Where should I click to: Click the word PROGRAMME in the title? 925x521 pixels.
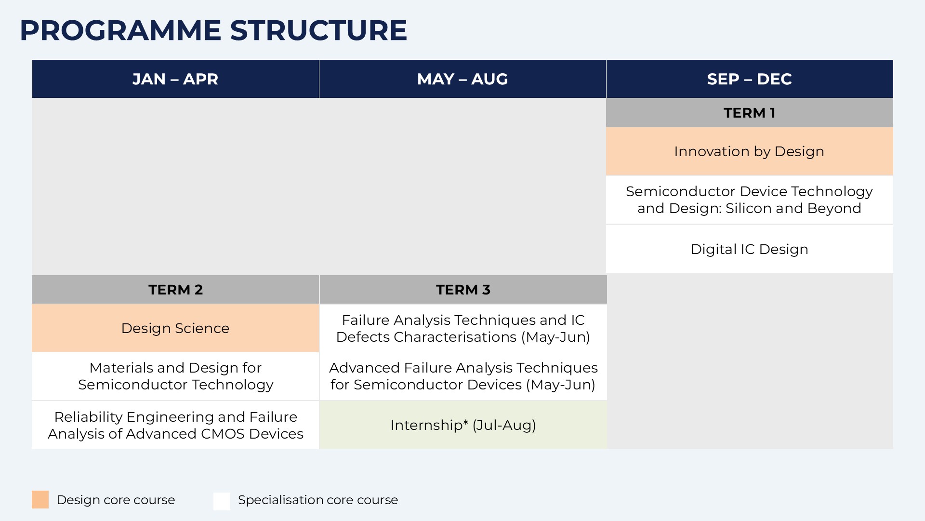[x=120, y=30]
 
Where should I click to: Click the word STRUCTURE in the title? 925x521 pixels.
[x=318, y=30]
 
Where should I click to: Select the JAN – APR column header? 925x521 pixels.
[x=175, y=79]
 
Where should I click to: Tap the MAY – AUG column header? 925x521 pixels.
[x=462, y=79]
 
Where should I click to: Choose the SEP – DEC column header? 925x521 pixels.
[x=750, y=79]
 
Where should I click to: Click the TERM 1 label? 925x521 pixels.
[x=750, y=113]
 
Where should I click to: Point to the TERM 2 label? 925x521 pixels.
[x=175, y=290]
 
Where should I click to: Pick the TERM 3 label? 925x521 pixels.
[x=463, y=290]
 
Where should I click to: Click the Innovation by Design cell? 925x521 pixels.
[x=750, y=151]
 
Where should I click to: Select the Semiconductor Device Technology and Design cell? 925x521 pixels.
[x=750, y=200]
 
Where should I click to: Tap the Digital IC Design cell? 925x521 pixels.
[x=750, y=249]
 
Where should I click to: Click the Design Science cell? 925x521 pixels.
[x=175, y=328]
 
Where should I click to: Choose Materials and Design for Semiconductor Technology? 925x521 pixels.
[x=175, y=376]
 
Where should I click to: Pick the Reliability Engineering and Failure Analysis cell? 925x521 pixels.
[x=175, y=425]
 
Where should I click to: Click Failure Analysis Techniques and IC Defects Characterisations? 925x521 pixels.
[x=463, y=328]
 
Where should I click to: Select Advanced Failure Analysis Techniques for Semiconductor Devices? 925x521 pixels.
[x=463, y=376]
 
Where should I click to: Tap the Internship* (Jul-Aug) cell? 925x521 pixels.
[x=463, y=425]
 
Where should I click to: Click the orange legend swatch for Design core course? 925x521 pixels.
[x=40, y=500]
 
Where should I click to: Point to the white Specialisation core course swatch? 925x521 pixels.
[x=222, y=501]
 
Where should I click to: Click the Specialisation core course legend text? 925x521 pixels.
[x=318, y=500]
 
